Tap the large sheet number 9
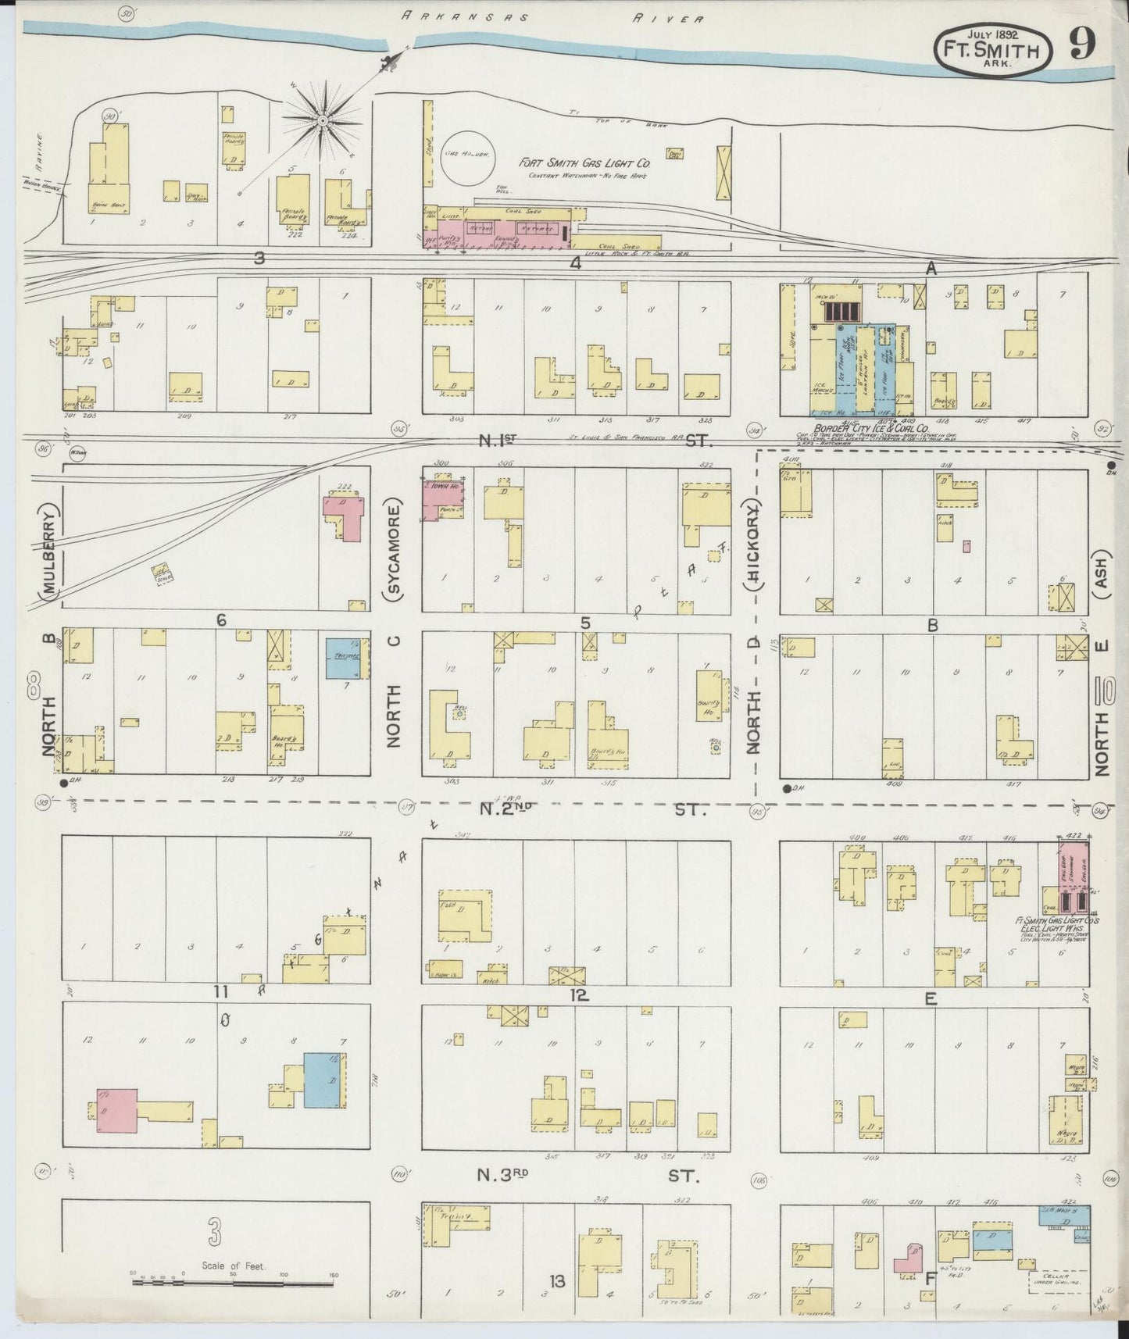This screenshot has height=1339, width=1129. click(1081, 45)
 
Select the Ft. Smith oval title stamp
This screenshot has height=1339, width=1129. click(991, 50)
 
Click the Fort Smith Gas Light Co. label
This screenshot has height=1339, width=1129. click(585, 163)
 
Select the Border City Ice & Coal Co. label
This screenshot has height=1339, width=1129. click(870, 428)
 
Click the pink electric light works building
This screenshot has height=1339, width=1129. click(1074, 877)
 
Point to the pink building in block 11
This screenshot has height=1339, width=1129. click(117, 1110)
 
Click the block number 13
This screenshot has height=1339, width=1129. click(557, 1281)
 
